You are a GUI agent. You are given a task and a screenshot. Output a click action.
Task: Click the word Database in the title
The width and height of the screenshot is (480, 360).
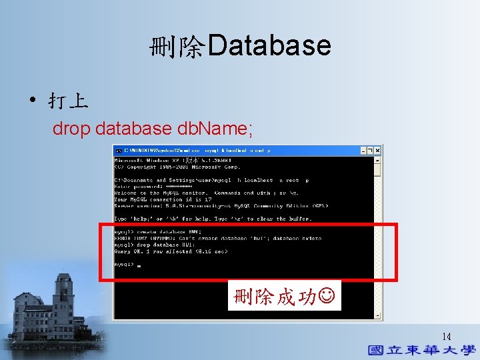pos(269,46)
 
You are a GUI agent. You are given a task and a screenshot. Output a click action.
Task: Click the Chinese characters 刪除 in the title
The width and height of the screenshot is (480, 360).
pos(177,47)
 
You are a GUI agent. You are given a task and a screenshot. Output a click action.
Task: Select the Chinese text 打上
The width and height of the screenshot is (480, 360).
pos(67,101)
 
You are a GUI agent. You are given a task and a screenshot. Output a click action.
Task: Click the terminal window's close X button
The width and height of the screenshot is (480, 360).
pos(377,151)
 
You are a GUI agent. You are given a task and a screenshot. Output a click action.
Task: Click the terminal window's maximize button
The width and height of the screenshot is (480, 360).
pos(370,151)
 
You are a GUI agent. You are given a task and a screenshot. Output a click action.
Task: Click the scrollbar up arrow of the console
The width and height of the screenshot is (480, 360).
pos(378,159)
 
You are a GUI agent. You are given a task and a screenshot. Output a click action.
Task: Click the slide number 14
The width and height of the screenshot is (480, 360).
pos(446,337)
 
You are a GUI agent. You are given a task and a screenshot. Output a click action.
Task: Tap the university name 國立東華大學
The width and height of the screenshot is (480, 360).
pos(422,350)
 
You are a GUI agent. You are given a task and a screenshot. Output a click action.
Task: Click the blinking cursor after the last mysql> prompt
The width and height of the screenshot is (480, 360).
pos(138,265)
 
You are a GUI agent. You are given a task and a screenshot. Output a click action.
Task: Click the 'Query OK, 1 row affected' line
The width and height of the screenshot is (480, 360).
pos(171,251)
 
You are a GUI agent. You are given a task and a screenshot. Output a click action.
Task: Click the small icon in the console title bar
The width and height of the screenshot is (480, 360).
pos(118,151)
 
